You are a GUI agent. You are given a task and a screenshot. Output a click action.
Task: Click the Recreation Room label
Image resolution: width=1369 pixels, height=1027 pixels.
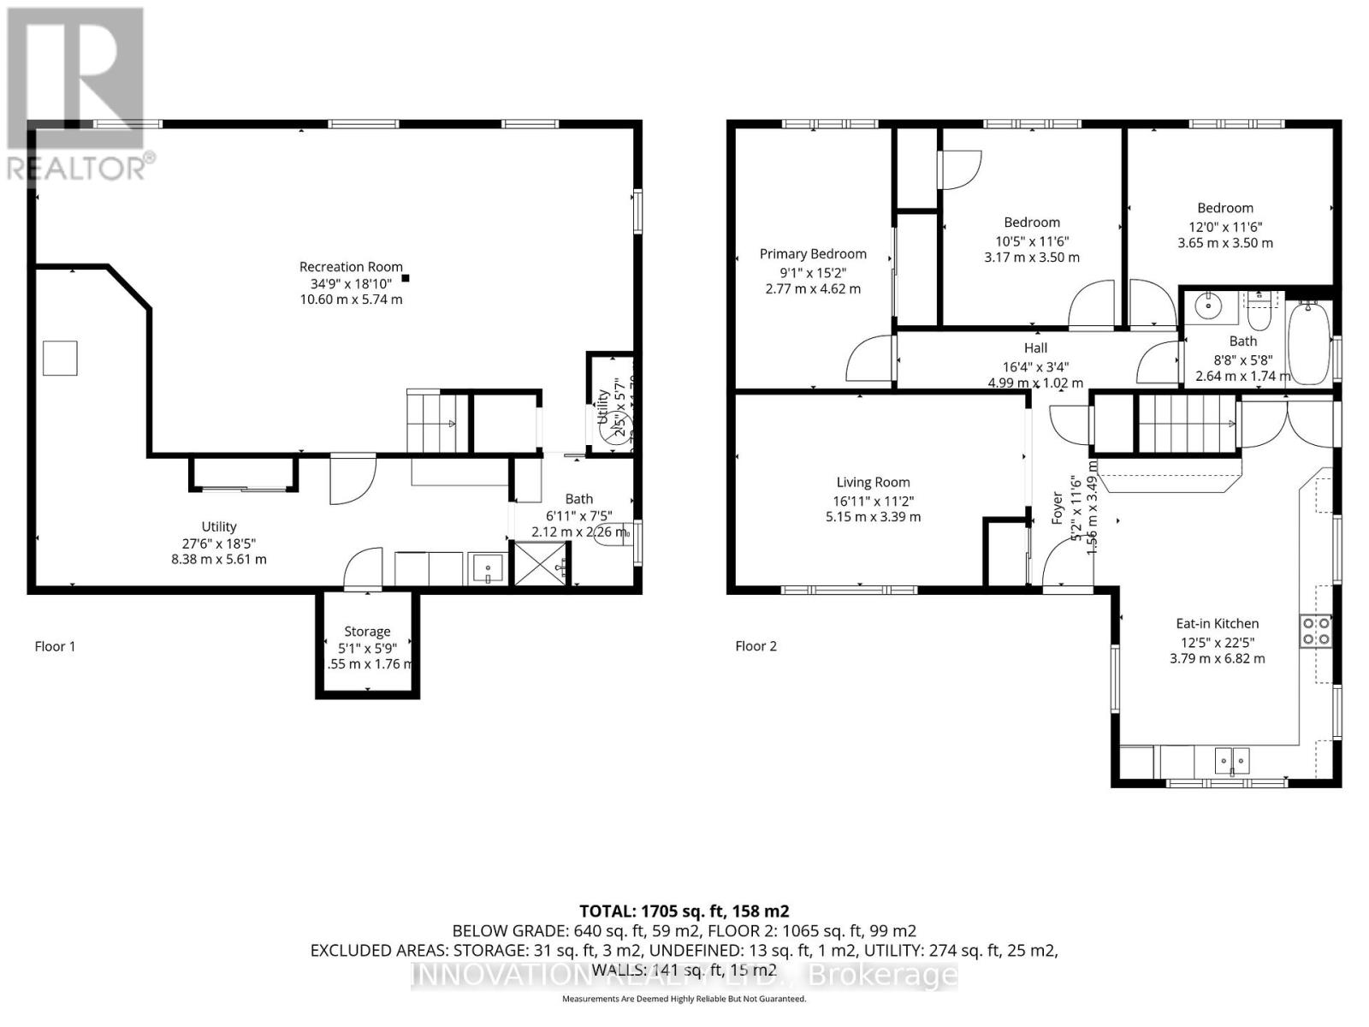click(x=351, y=267)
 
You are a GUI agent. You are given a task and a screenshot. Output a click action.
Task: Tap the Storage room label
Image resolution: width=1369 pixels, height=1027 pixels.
click(x=367, y=632)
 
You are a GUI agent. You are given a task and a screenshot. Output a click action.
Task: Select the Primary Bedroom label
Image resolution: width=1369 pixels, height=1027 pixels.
click(x=813, y=254)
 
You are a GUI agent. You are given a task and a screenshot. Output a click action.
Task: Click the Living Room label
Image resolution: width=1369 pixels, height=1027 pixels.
click(x=873, y=483)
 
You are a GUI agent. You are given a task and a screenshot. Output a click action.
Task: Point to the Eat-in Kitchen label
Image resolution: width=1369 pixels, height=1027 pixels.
click(x=1217, y=624)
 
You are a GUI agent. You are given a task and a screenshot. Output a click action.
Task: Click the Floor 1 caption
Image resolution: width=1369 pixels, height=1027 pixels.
click(x=55, y=646)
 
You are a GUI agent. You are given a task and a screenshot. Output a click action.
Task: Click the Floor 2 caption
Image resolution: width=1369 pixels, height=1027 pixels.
click(x=756, y=646)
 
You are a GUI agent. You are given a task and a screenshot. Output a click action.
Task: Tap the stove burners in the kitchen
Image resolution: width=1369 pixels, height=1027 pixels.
click(x=1316, y=631)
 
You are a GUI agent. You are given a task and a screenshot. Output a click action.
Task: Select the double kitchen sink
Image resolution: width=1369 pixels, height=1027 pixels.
click(x=1232, y=759)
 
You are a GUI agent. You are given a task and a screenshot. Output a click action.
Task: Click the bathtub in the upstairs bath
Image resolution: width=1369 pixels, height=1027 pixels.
click(x=1309, y=342)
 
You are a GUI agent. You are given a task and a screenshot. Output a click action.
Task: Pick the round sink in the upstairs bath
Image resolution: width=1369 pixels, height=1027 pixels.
click(x=1210, y=306)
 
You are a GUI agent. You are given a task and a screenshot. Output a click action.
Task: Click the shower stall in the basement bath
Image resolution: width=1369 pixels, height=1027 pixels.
click(x=540, y=563)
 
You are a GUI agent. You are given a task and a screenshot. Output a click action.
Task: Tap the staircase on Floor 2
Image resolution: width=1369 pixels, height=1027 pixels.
click(x=1188, y=422)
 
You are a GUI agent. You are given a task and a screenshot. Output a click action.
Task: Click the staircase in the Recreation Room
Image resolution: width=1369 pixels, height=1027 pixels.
click(x=437, y=423)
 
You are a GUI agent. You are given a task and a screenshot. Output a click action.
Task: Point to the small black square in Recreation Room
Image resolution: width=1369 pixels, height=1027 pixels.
click(x=406, y=277)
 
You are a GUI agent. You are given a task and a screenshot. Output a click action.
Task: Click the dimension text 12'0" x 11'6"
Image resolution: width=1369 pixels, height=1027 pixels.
click(x=1225, y=227)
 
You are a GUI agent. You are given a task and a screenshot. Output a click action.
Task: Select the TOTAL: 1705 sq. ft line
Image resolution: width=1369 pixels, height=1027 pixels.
click(x=684, y=911)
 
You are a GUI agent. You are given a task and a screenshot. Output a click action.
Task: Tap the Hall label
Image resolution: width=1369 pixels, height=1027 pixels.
click(x=1035, y=348)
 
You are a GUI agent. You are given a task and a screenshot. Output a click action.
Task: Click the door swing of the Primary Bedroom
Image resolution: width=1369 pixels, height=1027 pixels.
click(x=868, y=359)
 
